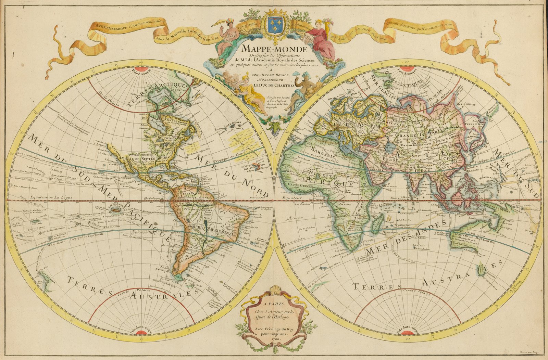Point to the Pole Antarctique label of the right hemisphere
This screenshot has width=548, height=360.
pos(408,331)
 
